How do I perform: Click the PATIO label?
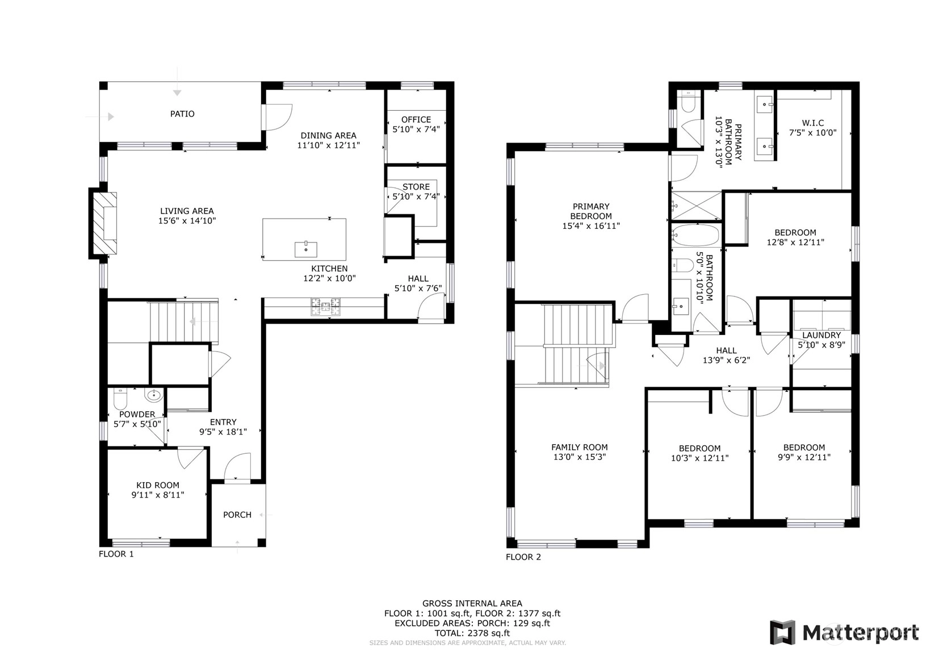pos(182,114)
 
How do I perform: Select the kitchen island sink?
pos(305,249)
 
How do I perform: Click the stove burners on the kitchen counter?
pos(325,307)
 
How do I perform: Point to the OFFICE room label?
pos(416,119)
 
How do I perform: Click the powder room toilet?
pos(120,399)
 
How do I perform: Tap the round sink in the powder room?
pos(154,395)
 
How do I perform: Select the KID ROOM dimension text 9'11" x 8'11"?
pos(158,495)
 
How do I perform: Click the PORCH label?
pos(237,515)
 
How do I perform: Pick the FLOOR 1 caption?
pos(116,554)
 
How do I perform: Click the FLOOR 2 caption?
pos(523,557)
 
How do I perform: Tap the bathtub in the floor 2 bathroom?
pos(696,236)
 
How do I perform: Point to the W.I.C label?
pos(813,123)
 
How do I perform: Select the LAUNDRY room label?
pos(821,335)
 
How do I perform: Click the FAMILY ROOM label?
pos(580,447)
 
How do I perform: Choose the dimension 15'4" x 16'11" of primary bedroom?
pos(591,226)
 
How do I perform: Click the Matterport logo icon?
pos(782,633)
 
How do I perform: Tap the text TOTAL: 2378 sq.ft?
pos(472,633)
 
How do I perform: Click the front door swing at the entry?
pos(237,466)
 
